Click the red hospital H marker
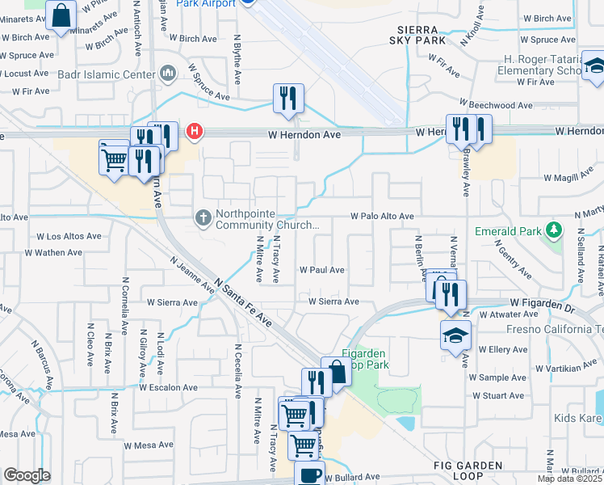click(x=194, y=131)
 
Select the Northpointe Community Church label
click(x=261, y=222)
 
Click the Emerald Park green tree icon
click(x=554, y=230)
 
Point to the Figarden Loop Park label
click(x=371, y=359)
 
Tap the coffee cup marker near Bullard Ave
click(x=309, y=474)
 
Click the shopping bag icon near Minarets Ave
click(x=61, y=15)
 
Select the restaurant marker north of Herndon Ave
click(x=288, y=99)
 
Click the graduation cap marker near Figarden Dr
click(x=455, y=335)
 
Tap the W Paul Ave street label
click(x=321, y=270)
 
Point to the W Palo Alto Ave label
click(x=382, y=217)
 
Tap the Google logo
click(x=27, y=475)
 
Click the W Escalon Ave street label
click(x=168, y=387)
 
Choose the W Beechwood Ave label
click(x=496, y=105)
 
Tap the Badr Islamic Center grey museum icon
click(x=169, y=74)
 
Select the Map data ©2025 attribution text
click(x=570, y=479)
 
